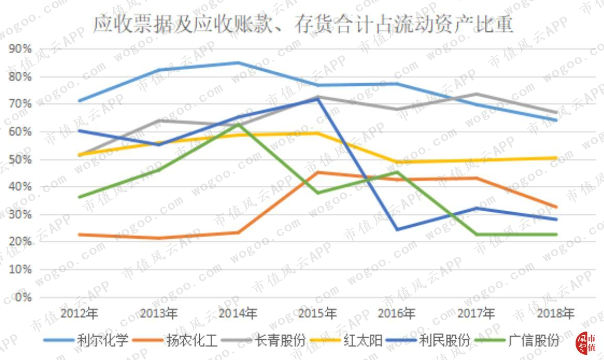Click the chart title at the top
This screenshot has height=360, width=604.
303,24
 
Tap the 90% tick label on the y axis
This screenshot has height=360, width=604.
20,49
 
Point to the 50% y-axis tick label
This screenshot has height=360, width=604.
20,159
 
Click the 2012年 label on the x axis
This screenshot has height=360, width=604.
79,313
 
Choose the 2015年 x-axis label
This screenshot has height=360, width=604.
317,313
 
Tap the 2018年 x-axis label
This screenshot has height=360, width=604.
555,313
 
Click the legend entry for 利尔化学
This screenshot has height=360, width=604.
86,340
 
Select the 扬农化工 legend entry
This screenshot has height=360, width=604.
175,340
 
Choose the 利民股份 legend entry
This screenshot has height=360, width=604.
428,340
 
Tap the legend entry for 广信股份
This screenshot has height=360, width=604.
517,340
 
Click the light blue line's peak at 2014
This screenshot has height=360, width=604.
238,63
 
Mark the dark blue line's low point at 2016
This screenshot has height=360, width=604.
397,230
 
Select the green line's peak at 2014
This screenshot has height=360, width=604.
238,124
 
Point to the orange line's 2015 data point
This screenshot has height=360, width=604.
317,173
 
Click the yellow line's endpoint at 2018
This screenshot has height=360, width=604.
555,158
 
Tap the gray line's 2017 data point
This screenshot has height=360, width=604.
476,94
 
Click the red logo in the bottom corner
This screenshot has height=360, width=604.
586,342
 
